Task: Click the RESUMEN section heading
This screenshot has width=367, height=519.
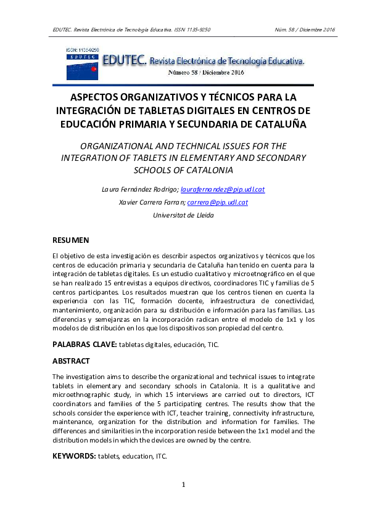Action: [x=71, y=239]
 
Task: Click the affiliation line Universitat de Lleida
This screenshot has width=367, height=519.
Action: [x=183, y=215]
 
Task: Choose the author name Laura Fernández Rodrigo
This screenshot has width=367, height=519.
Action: [x=141, y=189]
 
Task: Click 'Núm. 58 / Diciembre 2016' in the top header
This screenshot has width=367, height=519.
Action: [x=304, y=29]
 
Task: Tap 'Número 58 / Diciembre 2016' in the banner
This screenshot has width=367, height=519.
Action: [x=206, y=73]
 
